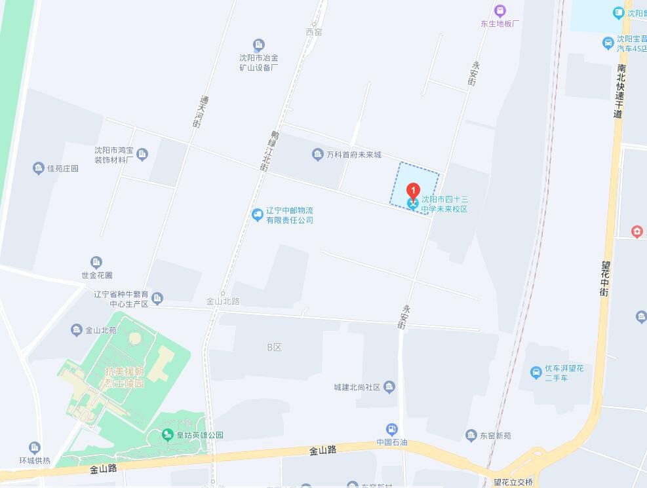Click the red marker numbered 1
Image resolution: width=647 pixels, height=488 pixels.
point(413,191)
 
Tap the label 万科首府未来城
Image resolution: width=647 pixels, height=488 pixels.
point(354,155)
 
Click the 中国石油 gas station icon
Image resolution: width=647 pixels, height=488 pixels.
point(392,430)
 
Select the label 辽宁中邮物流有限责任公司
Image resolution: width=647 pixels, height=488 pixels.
point(289,216)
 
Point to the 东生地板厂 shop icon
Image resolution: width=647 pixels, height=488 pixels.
point(500,10)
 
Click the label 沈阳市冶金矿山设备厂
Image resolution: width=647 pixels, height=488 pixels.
point(259,62)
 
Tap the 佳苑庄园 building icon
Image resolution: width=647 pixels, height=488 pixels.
point(39,168)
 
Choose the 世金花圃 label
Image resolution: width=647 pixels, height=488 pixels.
point(97,276)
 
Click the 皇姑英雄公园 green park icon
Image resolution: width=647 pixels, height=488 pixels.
point(168,435)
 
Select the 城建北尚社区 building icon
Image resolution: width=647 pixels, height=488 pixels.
point(389,386)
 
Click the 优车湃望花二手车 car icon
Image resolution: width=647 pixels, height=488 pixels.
point(536,373)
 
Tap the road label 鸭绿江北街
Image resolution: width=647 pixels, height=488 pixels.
point(268,151)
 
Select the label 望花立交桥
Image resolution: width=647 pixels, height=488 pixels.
point(513,482)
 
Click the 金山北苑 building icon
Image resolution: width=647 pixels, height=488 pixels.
point(77,330)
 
